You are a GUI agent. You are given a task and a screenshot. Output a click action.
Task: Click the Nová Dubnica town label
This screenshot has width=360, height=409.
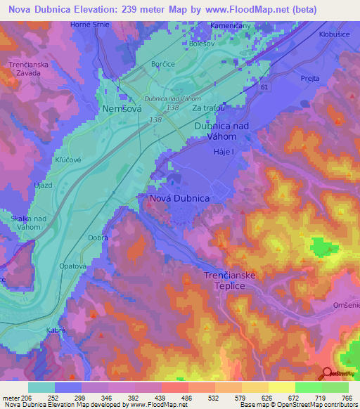179,199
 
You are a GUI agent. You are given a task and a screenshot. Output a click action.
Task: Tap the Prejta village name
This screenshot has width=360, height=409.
309,80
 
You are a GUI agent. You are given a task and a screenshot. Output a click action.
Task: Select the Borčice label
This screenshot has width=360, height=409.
162,64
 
